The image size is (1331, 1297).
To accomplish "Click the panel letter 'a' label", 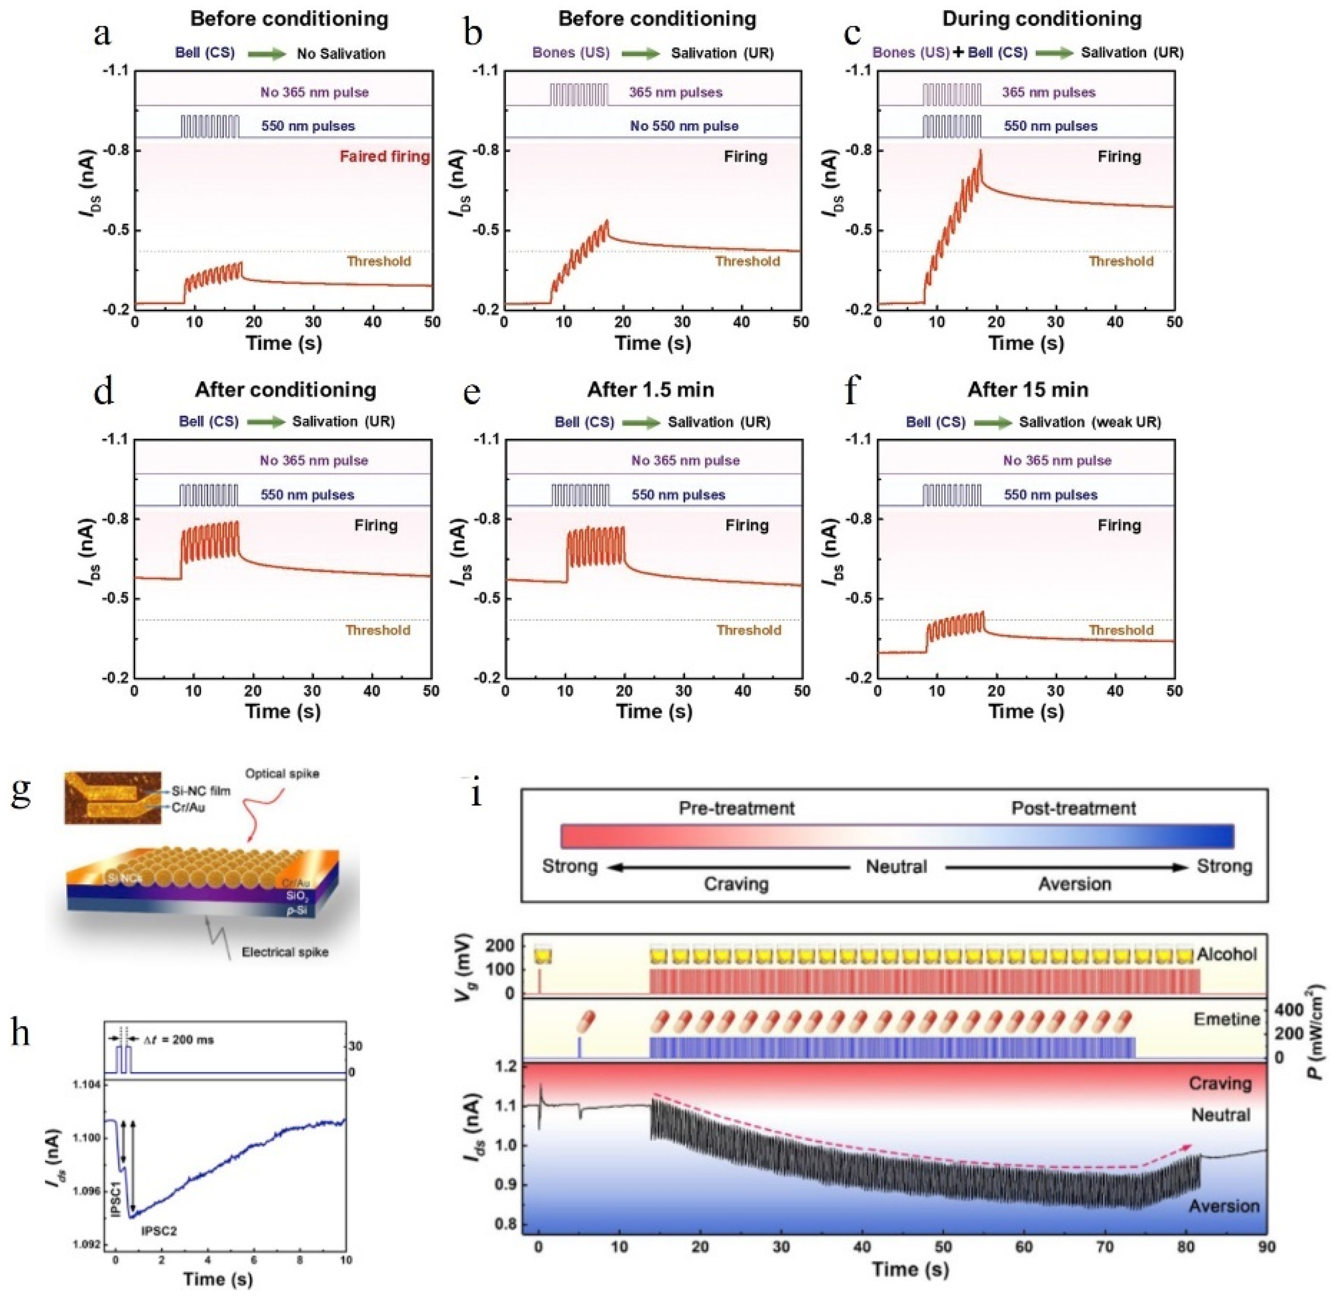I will (103, 34).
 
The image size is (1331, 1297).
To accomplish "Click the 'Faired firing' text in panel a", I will (385, 157).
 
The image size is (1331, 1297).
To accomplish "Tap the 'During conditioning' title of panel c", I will (1042, 19).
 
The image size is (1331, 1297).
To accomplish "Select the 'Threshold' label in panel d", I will (378, 630).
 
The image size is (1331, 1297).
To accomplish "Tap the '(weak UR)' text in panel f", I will (1127, 423).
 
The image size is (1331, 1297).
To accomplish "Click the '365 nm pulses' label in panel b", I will (675, 92).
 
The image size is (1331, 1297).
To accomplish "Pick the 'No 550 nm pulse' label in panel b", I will (684, 126).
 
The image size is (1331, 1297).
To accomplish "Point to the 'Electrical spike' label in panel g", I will (285, 952).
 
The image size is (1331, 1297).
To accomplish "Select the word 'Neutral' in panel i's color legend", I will (896, 867).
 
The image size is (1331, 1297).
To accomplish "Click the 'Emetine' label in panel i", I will (1226, 1019).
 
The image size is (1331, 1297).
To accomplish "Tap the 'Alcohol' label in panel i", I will (1226, 953).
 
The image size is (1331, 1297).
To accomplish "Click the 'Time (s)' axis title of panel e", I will (654, 711).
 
